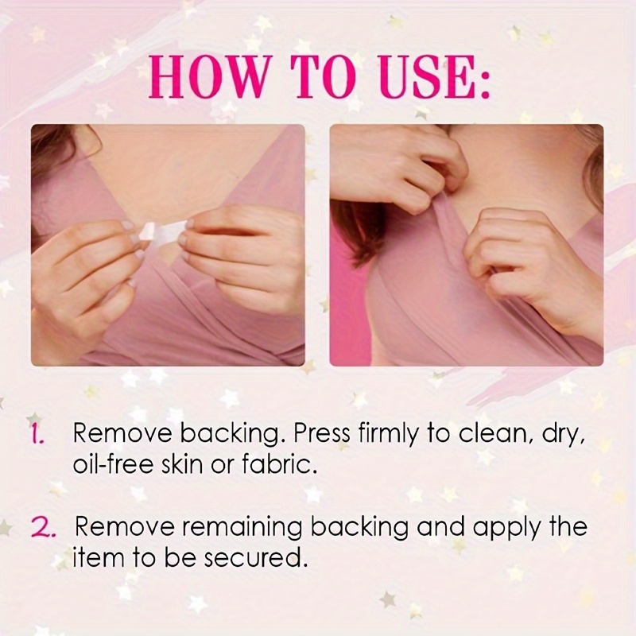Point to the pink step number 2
43,527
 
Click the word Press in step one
321,433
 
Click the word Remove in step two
126,527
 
